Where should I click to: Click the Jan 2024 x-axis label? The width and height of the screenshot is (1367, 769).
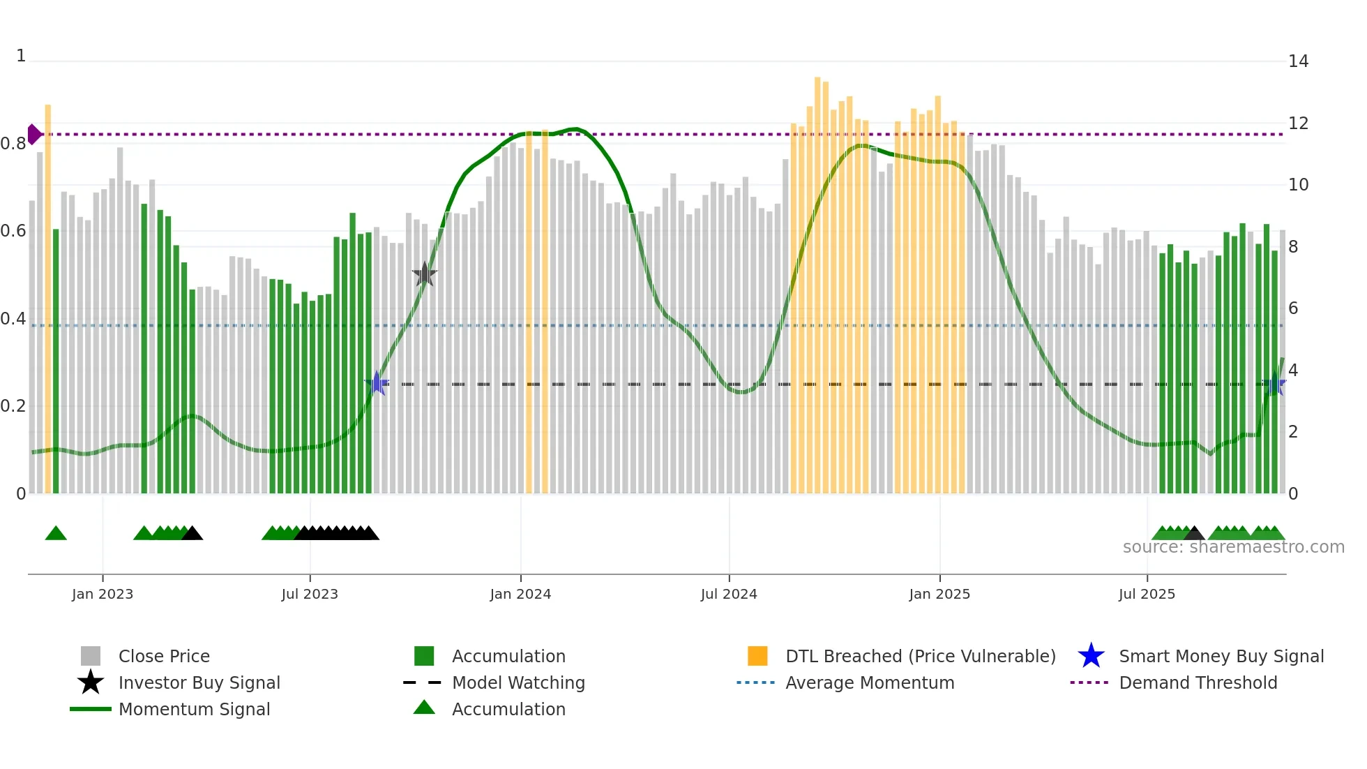[520, 594]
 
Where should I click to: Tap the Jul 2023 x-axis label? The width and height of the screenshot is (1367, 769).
[310, 594]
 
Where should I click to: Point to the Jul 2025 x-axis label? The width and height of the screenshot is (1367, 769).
[1147, 594]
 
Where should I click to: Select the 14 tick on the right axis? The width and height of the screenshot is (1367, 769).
[1298, 61]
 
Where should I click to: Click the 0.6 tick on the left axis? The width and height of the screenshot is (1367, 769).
[13, 231]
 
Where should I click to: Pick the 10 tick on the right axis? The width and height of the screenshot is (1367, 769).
[1298, 185]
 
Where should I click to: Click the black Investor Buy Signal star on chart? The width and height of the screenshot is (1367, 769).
[424, 274]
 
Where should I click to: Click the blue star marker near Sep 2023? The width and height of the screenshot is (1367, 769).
[377, 383]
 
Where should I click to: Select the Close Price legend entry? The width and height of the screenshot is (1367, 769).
[163, 656]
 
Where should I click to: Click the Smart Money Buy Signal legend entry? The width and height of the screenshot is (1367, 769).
[1221, 656]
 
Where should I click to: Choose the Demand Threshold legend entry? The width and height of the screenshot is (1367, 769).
[1198, 682]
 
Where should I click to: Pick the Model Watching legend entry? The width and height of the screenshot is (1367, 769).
[518, 682]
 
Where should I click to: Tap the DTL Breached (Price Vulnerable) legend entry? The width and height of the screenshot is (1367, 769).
[920, 656]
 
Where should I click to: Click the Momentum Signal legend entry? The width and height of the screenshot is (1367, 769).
[194, 709]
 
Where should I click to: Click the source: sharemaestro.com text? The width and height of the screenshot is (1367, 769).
[1233, 547]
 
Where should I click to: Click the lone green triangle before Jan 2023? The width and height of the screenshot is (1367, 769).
[56, 534]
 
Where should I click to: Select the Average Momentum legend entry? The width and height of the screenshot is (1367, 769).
[869, 682]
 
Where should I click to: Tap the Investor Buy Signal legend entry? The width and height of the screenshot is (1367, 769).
[199, 682]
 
